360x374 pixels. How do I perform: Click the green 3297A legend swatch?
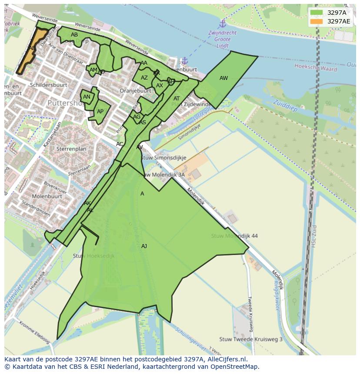(317, 13)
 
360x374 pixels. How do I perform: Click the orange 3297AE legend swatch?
(317, 21)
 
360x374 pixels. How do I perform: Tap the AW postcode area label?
(223, 79)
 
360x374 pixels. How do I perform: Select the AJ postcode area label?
(144, 246)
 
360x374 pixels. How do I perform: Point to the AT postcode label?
(177, 99)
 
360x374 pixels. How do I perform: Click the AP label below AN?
(100, 112)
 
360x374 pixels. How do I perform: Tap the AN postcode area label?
(87, 97)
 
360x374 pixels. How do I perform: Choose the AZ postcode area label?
(144, 78)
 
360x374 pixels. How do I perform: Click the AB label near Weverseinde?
(74, 35)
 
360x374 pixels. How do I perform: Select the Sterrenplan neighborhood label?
(71, 149)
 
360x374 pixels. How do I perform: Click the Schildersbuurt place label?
(48, 85)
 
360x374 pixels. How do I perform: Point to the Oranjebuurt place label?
(135, 91)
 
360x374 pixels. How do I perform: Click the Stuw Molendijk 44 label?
(234, 236)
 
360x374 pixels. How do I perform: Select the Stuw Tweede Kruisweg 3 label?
(251, 339)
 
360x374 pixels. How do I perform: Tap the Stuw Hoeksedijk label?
(93, 256)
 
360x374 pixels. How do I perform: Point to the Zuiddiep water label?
(285, 106)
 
